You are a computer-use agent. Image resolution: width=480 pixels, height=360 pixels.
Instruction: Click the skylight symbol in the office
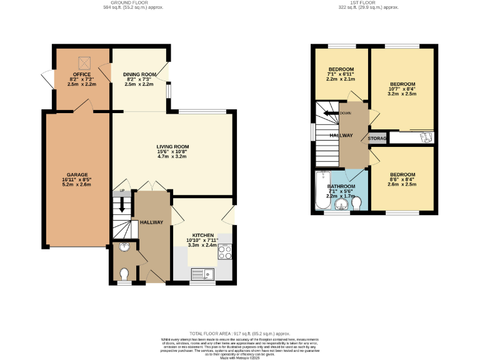pyautogui.click(x=82, y=62)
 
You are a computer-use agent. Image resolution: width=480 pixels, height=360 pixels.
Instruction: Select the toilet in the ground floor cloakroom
pyautogui.click(x=124, y=273)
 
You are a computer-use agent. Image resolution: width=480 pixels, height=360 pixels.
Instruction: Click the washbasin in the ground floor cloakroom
pyautogui.click(x=122, y=247)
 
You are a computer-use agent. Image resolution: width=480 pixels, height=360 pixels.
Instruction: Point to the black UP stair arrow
pyautogui.click(x=122, y=205)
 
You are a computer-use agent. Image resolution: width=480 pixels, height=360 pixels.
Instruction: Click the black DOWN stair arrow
pyautogui.click(x=327, y=113)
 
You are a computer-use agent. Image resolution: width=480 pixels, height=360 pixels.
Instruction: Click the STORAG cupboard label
pyautogui.click(x=377, y=138)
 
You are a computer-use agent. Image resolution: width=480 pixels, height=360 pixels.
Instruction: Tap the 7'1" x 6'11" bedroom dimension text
pyautogui.click(x=341, y=74)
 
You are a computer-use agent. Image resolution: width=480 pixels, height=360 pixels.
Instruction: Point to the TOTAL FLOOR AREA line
pyautogui.click(x=240, y=334)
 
